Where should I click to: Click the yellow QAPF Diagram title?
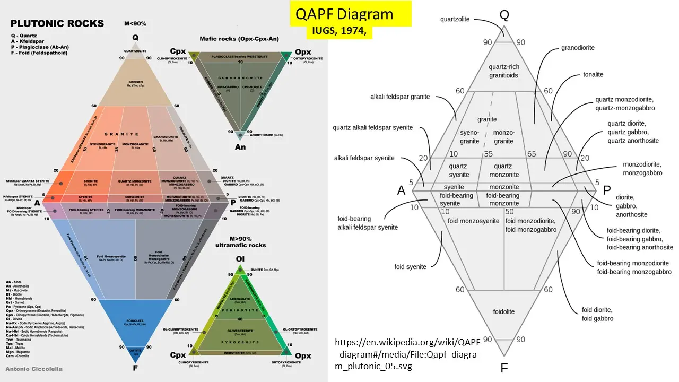point(344,14)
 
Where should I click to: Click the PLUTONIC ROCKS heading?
point(57,24)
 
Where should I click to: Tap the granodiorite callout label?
point(578,48)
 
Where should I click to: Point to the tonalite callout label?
point(593,74)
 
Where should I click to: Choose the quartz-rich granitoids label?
point(504,71)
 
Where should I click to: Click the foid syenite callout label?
point(410,267)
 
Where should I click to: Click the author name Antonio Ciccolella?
point(33,369)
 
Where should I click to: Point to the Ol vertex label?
point(240,259)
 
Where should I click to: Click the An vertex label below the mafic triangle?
point(240,146)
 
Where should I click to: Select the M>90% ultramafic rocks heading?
point(240,241)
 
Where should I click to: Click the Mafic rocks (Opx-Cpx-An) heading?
point(239,39)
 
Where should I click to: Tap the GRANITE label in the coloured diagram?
point(121,134)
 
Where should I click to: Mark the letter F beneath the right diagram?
point(504,368)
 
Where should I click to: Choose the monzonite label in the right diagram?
point(504,187)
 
